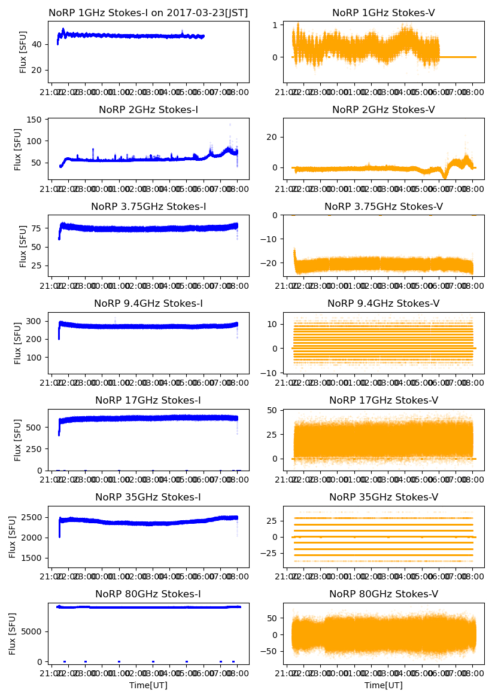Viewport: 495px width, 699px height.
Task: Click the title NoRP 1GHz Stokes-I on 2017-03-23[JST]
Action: [148, 13]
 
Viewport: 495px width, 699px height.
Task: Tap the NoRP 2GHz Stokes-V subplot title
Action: [384, 109]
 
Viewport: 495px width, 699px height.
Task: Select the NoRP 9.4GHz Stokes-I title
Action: [148, 303]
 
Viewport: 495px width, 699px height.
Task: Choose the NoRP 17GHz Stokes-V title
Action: [384, 400]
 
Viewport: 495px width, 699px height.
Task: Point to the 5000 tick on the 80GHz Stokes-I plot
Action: [34, 631]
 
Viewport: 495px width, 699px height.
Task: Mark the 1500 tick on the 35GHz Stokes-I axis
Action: [34, 558]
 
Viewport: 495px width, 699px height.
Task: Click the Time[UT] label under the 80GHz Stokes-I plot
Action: [148, 685]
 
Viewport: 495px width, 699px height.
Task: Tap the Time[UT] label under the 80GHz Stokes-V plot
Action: [384, 685]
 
